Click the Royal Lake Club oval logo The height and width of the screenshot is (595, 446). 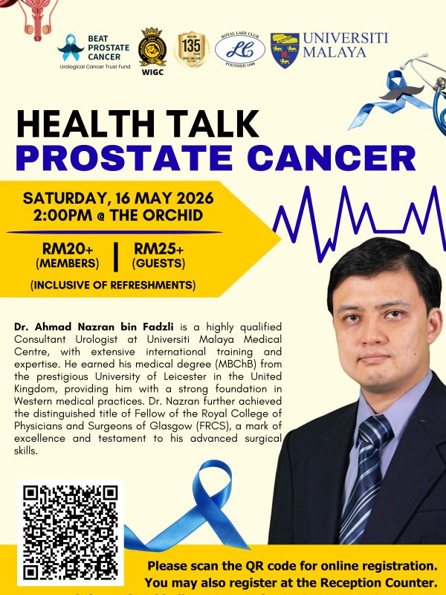coord(239,49)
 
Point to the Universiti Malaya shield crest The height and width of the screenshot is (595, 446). coord(284,50)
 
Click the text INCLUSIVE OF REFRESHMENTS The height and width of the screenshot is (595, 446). coord(113,285)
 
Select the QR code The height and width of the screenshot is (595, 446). coord(71,533)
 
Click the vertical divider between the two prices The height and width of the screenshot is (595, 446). coord(116,255)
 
